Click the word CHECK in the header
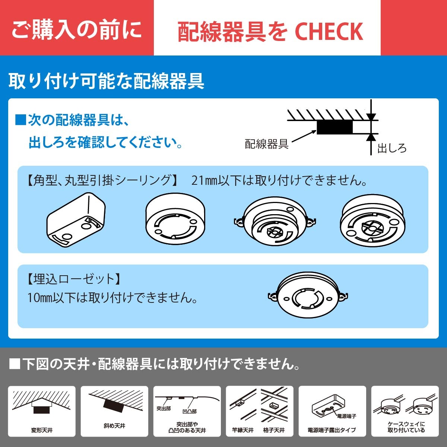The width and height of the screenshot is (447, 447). click(x=329, y=31)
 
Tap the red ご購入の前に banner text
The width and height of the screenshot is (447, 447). click(x=77, y=29)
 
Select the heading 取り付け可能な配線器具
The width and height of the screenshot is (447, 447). click(x=106, y=81)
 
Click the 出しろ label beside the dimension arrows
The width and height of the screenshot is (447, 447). click(x=391, y=148)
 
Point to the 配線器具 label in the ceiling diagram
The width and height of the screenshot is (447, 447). click(x=266, y=144)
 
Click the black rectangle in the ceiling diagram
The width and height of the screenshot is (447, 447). click(x=335, y=127)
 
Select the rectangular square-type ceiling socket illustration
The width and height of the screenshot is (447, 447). click(x=76, y=220)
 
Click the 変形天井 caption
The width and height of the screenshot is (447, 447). click(x=42, y=430)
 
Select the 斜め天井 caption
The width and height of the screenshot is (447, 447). click(x=114, y=426)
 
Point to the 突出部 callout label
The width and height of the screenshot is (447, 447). click(x=164, y=409)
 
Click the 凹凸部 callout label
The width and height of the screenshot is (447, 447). click(x=190, y=412)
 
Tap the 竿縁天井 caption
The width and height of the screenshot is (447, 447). click(x=243, y=430)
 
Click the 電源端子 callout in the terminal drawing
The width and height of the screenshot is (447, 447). click(x=346, y=416)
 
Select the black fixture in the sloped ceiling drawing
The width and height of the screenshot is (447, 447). click(x=114, y=405)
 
